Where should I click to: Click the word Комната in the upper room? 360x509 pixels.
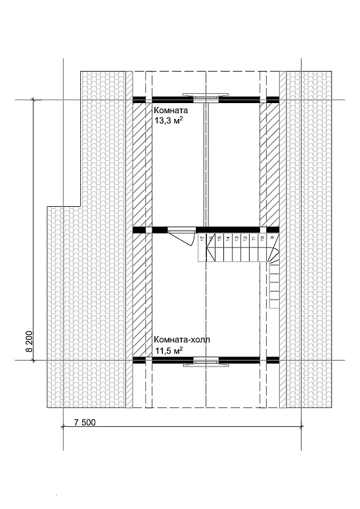(171, 110)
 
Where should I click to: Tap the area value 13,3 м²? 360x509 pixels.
(168, 121)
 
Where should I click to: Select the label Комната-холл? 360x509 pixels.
(182, 340)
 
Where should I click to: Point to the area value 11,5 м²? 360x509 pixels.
(168, 351)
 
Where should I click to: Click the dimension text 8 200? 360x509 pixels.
(29, 342)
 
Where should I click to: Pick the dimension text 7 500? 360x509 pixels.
(85, 422)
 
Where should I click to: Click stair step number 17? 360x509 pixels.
(202, 238)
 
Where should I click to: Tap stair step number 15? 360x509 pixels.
(219, 238)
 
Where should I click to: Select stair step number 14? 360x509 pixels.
(228, 238)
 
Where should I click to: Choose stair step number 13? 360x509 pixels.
(236, 238)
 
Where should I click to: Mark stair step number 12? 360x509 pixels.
(245, 238)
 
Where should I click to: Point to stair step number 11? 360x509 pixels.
(254, 238)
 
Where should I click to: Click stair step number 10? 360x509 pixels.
(262, 238)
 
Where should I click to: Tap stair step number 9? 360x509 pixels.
(273, 238)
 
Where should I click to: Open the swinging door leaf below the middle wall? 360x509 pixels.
(182, 238)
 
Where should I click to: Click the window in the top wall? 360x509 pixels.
(206, 96)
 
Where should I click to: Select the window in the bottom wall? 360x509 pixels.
(206, 362)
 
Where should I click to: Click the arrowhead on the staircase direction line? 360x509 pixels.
(210, 252)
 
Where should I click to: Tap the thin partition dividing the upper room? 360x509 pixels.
(206, 166)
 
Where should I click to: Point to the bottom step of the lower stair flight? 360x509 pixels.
(275, 304)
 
